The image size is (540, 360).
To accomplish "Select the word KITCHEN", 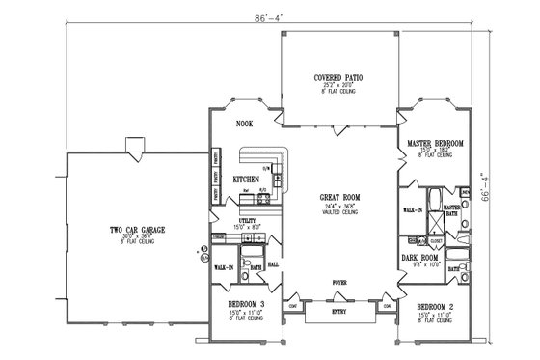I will click(x=246, y=180).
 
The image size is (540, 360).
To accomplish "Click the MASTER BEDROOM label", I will click(x=436, y=143).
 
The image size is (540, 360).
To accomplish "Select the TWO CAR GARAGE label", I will click(x=133, y=229).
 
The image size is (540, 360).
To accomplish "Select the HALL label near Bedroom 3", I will click(x=274, y=263).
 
